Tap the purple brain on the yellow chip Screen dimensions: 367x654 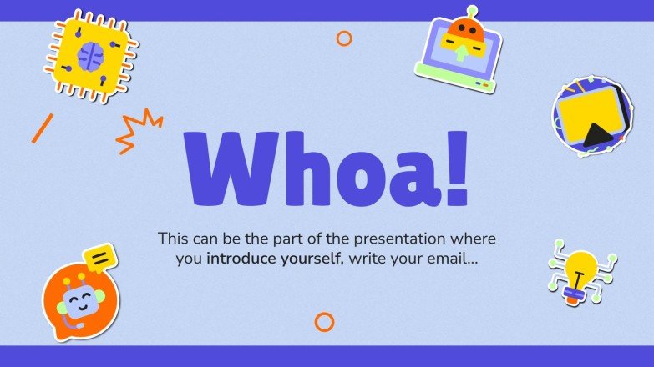click(90, 57)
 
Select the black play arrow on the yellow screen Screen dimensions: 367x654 click(596, 133)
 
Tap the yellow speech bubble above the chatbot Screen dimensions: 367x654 click(100, 259)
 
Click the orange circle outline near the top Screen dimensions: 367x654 click(343, 38)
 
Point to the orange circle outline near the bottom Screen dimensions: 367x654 click(324, 322)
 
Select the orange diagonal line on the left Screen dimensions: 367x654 click(42, 128)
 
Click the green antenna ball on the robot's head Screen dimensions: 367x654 click(472, 11)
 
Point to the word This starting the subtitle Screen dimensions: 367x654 click(174, 239)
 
